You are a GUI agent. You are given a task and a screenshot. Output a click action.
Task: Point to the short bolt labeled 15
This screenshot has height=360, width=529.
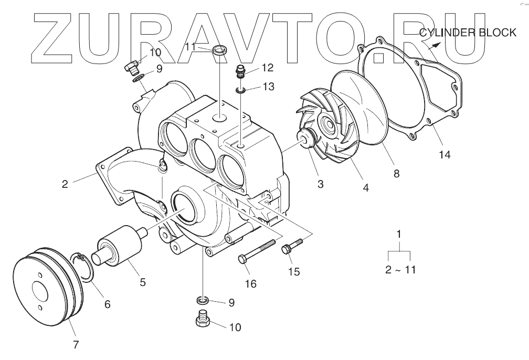tap(293, 246)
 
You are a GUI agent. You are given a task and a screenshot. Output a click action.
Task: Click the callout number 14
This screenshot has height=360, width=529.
tap(446, 155)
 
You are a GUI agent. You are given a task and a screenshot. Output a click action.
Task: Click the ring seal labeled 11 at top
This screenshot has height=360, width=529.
tap(220, 51)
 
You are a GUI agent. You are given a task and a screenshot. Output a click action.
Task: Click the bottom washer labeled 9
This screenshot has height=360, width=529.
tap(202, 300)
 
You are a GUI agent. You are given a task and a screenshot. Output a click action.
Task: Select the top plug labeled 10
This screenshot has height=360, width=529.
tap(131, 67)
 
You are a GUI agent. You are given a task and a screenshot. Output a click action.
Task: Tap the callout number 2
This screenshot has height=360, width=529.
tap(65, 184)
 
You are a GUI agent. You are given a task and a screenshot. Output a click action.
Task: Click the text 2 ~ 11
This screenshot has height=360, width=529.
tap(400, 270)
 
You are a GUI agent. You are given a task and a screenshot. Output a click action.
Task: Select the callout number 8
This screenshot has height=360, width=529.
tap(396, 174)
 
